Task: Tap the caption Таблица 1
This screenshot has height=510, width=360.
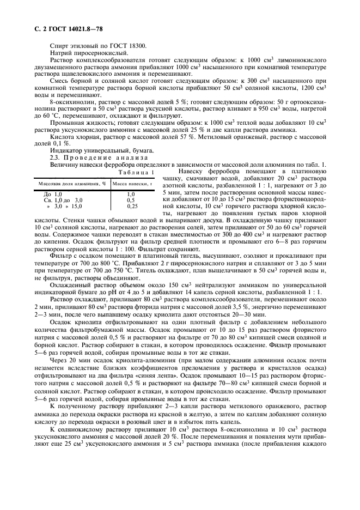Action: (x=132, y=173)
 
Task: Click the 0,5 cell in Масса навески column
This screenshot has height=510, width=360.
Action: (x=131, y=200)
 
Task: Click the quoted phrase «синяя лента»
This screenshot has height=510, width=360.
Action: (x=137, y=391)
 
